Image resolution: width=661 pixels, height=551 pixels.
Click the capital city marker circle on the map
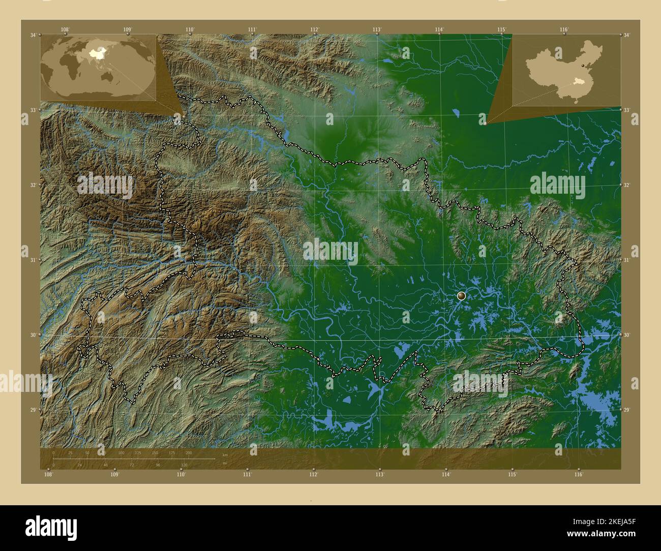(x=462, y=295)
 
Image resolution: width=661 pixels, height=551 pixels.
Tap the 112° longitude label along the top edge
(x=315, y=29)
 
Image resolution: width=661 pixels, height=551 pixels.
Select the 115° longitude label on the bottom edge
(x=512, y=475)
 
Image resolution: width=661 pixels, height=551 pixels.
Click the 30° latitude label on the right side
(x=627, y=334)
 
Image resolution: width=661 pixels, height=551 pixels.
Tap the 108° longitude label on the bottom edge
(x=48, y=475)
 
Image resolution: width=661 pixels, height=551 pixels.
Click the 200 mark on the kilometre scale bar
(x=189, y=452)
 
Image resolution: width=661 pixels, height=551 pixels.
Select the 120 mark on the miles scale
(x=184, y=465)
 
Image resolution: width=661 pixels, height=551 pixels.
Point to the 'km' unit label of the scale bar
(x=225, y=454)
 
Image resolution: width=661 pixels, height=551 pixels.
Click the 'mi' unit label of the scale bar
(x=224, y=463)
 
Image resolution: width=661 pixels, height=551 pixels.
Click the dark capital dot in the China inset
(x=582, y=66)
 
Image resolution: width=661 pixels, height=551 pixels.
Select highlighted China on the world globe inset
(x=95, y=52)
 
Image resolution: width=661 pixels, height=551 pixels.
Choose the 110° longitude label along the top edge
(x=190, y=29)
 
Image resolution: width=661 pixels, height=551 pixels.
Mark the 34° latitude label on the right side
(x=627, y=35)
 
